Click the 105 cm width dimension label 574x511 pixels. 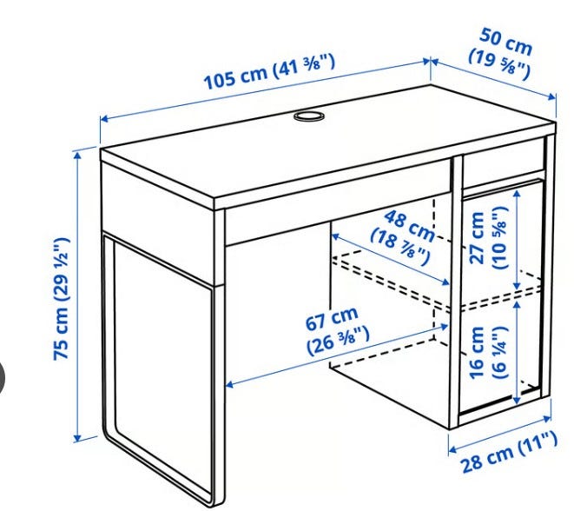(x=269, y=72)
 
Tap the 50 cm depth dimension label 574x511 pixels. (x=500, y=54)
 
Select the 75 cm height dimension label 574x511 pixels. (x=61, y=299)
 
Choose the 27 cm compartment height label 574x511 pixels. (x=489, y=238)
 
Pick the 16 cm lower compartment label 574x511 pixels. (x=489, y=352)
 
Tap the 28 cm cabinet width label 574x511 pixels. (x=509, y=453)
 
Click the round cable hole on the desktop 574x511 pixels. (x=309, y=116)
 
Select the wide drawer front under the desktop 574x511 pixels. (x=337, y=217)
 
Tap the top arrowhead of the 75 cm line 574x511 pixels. (x=77, y=156)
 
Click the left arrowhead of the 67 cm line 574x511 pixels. (x=230, y=384)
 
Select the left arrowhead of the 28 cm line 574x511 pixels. (x=453, y=449)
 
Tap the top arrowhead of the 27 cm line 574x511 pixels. (x=517, y=194)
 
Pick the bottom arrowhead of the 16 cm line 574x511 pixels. (x=517, y=399)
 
